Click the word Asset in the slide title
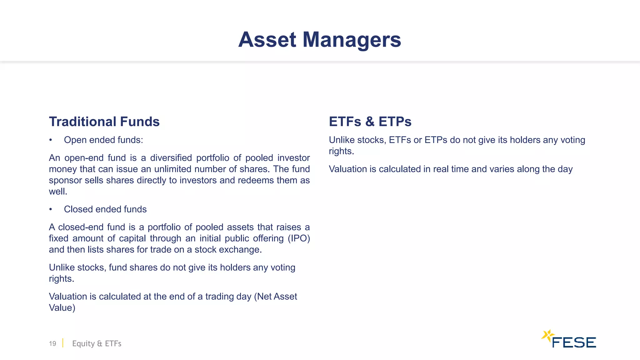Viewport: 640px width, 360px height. pos(267,40)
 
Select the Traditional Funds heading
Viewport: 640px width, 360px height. pos(104,122)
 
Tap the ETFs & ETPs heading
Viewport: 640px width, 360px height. pos(370,122)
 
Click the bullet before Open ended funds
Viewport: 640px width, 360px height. pos(51,140)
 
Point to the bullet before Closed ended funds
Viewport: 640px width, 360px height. pos(51,209)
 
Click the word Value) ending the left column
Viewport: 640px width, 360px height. pos(62,308)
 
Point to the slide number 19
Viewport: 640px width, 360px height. pos(52,343)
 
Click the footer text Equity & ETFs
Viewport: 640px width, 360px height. pos(97,343)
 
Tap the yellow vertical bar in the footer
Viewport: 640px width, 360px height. pos(63,343)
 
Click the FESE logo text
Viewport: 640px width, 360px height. pos(574,342)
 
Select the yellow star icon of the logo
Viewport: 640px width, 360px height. pos(547,336)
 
